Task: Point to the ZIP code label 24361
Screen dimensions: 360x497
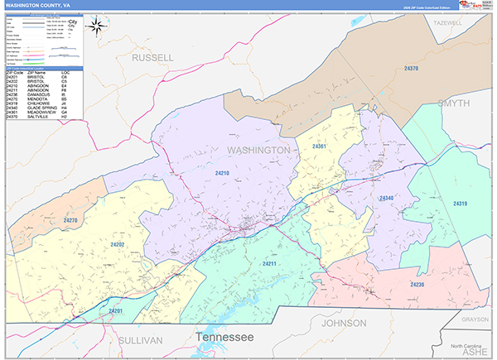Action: point(320,146)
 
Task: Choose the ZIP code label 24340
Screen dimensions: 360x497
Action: point(388,199)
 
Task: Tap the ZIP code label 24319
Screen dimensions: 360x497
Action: point(461,203)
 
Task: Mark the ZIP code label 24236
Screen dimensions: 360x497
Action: point(417,284)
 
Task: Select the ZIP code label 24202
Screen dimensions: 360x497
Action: point(117,244)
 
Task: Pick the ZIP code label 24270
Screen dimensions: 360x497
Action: point(70,221)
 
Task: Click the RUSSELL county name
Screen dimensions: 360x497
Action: point(153,58)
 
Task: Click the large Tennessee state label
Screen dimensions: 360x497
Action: point(224,338)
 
